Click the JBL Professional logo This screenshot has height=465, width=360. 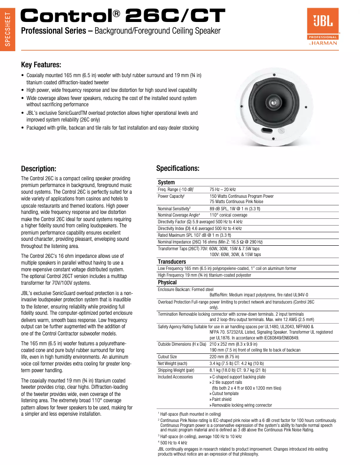click(322, 28)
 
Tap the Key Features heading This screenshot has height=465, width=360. click(41, 65)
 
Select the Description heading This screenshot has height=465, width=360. click(39, 169)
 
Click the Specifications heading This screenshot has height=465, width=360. click(178, 168)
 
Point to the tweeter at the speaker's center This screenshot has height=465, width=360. click(273, 104)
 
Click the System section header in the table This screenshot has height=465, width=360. click(166, 183)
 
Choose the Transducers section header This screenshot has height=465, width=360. click(171, 261)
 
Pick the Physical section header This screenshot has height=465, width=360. click(167, 282)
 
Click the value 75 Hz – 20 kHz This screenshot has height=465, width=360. click(223, 190)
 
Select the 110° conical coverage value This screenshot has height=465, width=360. click(228, 215)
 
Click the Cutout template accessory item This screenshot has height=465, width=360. click(225, 393)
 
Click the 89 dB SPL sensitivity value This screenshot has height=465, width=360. click(234, 209)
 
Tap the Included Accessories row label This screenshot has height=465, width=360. click(175, 377)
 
